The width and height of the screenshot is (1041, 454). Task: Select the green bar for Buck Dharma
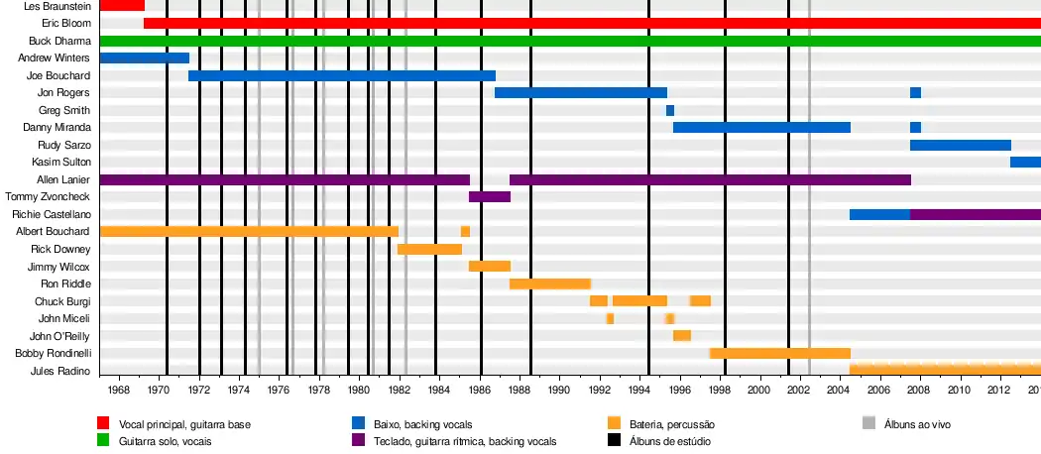[x=570, y=41]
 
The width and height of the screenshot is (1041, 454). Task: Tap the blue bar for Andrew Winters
[x=144, y=57]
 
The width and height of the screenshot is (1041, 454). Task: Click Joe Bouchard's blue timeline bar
[x=341, y=75]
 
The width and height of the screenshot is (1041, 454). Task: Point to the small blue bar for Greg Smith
[x=670, y=110]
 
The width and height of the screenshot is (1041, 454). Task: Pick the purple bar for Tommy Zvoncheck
[x=490, y=196]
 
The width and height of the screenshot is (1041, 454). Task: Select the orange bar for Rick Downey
[x=429, y=249]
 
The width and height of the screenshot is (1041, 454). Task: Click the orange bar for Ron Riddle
[x=550, y=284]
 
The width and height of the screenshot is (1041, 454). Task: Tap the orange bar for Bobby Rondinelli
[x=780, y=353]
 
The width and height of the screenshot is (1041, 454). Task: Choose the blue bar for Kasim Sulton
[x=1025, y=162]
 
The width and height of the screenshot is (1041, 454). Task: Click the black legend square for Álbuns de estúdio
[x=615, y=440]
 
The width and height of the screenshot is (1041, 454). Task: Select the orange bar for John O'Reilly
[x=682, y=335]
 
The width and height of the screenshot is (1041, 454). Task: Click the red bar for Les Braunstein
[x=122, y=6]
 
